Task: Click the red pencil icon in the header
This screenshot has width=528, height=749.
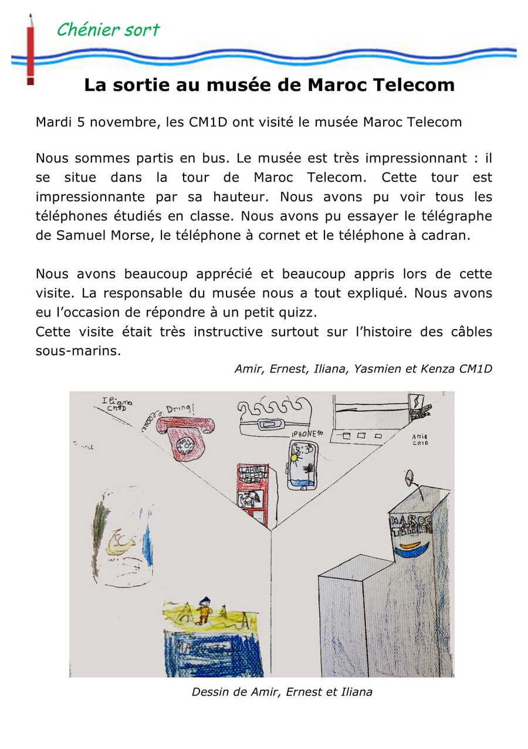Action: [x=30, y=50]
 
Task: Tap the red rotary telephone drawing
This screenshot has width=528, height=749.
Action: [x=185, y=437]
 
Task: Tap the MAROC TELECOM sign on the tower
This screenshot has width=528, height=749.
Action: [x=411, y=524]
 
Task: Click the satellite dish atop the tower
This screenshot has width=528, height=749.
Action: [x=409, y=478]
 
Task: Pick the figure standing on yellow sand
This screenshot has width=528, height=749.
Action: [x=204, y=610]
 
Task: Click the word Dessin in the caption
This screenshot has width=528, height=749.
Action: [x=208, y=692]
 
